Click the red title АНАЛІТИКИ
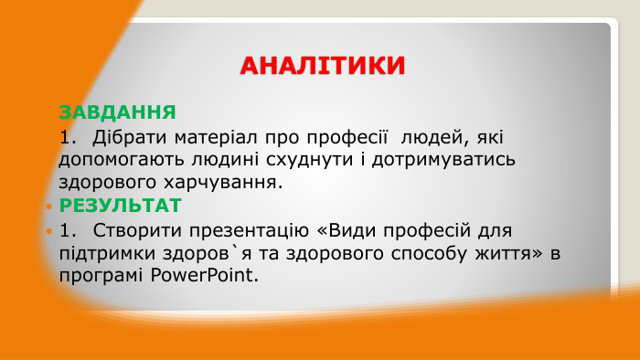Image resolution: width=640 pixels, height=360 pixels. tap(322, 67)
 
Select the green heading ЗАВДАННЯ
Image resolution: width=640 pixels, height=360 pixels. tap(117, 112)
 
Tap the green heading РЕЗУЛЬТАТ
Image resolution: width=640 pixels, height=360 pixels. tap(121, 205)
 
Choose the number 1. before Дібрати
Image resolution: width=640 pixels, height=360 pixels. tap(68, 137)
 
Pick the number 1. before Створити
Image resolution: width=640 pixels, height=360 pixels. tap(68, 228)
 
